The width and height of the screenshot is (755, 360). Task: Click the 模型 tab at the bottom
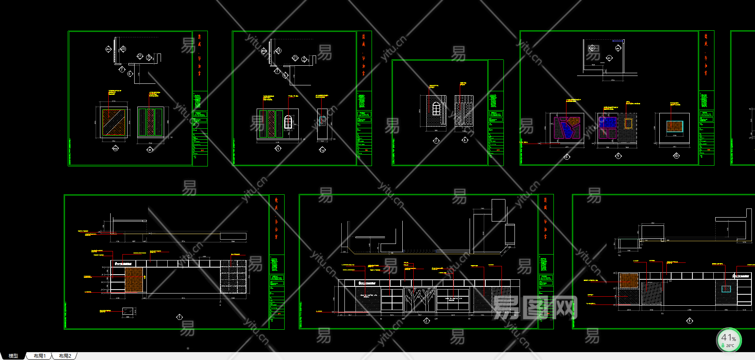(13, 356)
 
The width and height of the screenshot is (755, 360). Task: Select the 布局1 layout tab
(39, 356)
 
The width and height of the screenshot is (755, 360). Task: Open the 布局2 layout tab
(65, 356)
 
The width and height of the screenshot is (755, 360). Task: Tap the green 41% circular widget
(729, 340)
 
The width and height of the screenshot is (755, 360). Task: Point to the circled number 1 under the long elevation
(179, 317)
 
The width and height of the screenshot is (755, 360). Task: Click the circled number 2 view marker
(426, 321)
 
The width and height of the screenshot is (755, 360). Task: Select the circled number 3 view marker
(689, 321)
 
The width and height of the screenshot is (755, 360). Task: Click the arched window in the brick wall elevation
(436, 109)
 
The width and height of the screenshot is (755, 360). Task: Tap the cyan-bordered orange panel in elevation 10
(674, 127)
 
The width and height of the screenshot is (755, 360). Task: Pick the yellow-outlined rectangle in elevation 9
(628, 124)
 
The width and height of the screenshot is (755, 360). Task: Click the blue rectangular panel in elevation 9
(607, 123)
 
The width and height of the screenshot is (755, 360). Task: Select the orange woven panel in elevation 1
(134, 280)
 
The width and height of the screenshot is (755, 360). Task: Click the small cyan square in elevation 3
(726, 289)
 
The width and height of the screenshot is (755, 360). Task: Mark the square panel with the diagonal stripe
(114, 122)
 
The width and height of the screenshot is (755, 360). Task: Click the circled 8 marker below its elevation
(567, 157)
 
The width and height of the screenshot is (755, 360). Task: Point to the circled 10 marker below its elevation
(676, 156)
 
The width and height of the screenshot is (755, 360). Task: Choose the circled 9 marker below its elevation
(618, 156)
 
